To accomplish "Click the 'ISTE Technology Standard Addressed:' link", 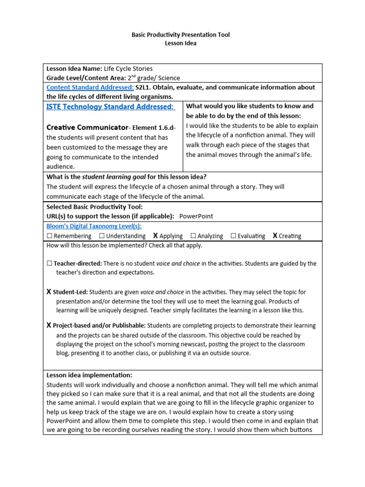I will [110, 107].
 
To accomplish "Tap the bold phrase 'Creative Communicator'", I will [87, 127].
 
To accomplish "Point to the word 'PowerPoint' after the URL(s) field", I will [196, 216].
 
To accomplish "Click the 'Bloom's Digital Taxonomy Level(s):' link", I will [94, 226].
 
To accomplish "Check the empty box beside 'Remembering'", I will [49, 236].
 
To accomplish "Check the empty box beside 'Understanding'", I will [102, 236].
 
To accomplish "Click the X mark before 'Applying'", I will [155, 236].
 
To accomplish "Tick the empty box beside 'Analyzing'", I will [193, 236].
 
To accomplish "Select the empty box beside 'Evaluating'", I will [233, 236].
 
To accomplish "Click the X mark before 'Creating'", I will [275, 236].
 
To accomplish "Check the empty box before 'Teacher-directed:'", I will [49, 263].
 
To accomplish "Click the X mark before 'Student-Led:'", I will [49, 292].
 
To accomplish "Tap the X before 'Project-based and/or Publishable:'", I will [49, 326].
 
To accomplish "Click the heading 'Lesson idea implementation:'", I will [89, 375].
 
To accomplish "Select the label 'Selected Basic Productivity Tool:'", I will [94, 207].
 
